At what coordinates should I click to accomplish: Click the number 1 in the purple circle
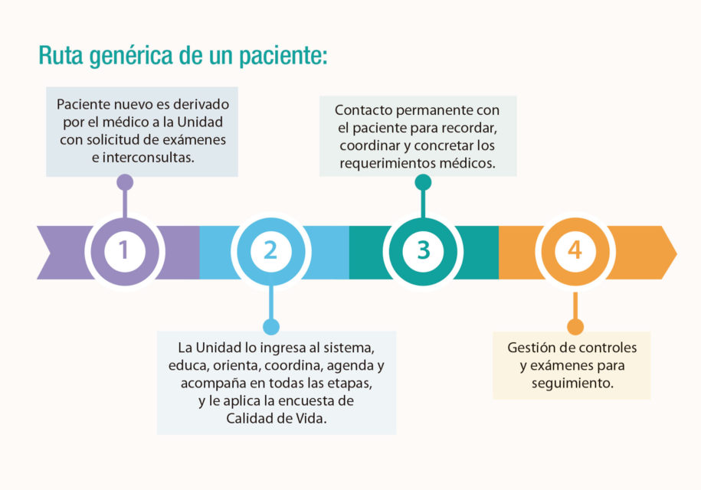pos(124,250)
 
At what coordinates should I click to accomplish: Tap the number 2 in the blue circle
pos(270,250)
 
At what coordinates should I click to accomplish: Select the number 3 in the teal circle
pos(424,250)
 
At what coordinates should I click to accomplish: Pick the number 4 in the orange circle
pos(575,250)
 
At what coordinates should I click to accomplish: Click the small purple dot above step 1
pos(125,182)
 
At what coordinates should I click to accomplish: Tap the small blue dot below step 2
pos(271,326)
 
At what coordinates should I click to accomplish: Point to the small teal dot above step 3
pos(423,182)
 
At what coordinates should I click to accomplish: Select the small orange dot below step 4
pos(575,326)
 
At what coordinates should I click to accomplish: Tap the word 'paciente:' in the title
pos(283,57)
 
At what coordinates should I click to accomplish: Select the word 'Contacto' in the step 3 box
pos(363,110)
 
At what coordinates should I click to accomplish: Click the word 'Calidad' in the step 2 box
pos(249,418)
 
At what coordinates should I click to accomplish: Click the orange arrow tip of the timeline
pos(676,253)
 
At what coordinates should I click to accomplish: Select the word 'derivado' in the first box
pos(201,104)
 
